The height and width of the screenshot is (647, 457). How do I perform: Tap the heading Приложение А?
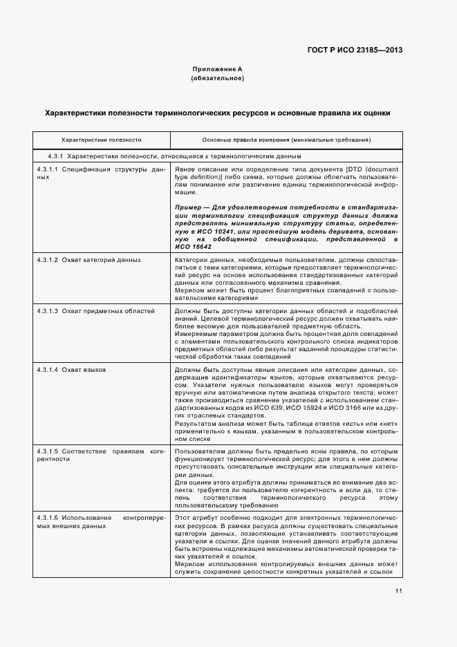click(x=217, y=70)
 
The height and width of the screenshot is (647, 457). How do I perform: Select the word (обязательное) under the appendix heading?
click(x=217, y=79)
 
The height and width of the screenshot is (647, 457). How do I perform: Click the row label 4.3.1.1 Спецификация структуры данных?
click(x=101, y=173)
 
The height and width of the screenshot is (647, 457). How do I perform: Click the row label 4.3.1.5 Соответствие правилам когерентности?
click(x=101, y=455)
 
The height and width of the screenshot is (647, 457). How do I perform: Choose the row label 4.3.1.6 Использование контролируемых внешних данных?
click(x=101, y=521)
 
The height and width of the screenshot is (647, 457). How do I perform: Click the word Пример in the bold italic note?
click(x=187, y=207)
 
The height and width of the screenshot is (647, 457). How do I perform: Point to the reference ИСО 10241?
click(x=208, y=233)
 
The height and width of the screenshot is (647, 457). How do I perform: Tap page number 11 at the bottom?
click(x=399, y=591)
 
